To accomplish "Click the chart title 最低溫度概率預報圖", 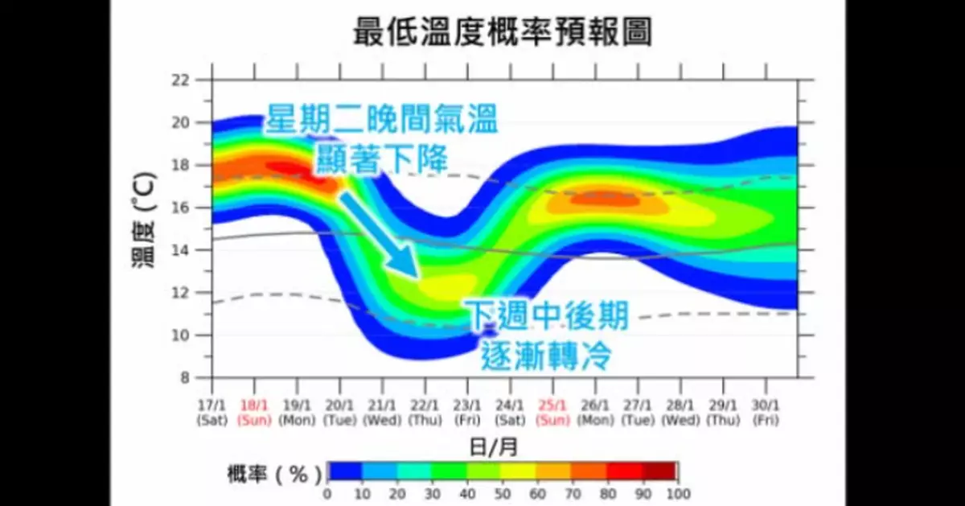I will point(502,33).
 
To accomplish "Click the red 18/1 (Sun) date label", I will point(255,413).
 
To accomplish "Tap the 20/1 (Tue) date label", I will point(340,413).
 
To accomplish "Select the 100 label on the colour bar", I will point(678,494).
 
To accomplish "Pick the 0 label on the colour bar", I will point(327,494).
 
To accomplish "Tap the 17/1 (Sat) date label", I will point(212,413).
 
